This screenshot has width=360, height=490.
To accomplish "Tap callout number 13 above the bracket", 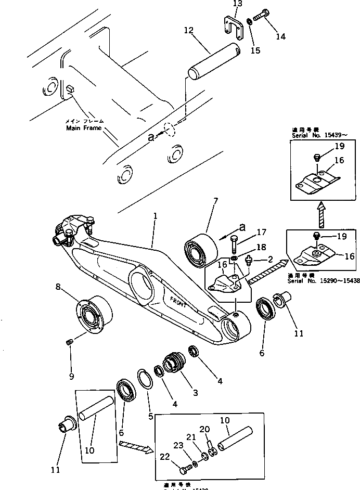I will tap(237, 4).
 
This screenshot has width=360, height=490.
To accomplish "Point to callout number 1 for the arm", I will tap(155, 215).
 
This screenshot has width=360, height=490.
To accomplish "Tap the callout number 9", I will tap(71, 376).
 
